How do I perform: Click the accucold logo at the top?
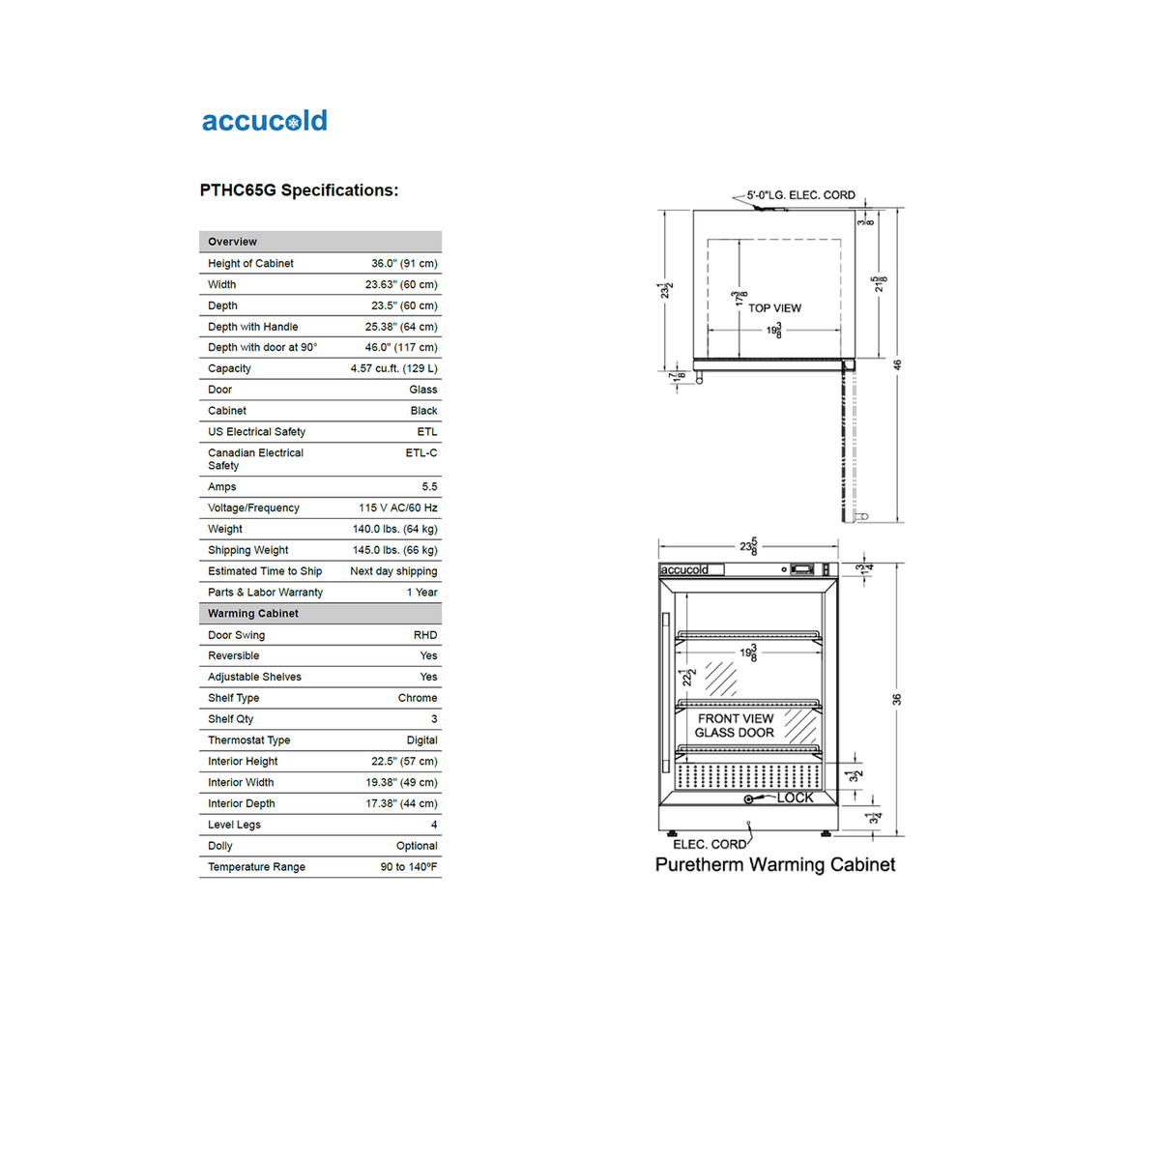coord(264,121)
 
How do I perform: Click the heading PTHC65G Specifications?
coord(299,190)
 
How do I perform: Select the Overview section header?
coord(233,242)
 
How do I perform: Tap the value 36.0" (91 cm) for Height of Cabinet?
coord(404,263)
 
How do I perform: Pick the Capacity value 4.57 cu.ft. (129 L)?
coord(393,368)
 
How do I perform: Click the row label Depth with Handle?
coord(253,327)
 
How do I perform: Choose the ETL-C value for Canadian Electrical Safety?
coord(420,452)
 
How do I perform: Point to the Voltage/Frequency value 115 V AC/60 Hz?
coord(397,507)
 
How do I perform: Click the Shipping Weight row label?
coord(248,550)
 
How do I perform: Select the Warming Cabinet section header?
coord(253,613)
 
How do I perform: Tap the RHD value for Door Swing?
coord(425,635)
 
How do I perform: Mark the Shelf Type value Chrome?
coord(418,698)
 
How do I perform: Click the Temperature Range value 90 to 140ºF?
coord(409,867)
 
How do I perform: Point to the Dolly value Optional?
coord(417,846)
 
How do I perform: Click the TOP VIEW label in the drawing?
coord(774,308)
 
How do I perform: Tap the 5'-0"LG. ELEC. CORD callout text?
coord(800,195)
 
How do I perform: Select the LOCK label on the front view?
coord(796,797)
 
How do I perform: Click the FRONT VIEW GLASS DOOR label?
coord(735,726)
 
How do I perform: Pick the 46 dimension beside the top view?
coord(897,364)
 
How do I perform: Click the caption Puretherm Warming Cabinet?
coord(775,865)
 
